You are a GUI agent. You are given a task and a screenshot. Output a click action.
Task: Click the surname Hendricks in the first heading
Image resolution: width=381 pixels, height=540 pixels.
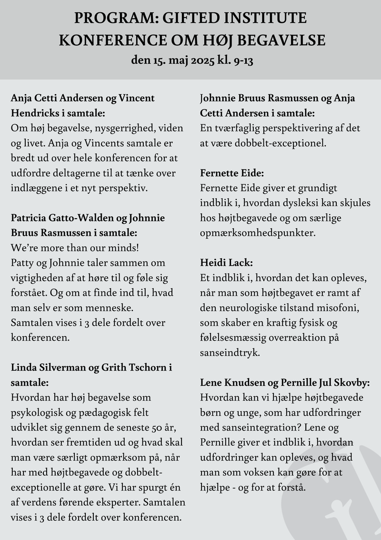(x=37, y=114)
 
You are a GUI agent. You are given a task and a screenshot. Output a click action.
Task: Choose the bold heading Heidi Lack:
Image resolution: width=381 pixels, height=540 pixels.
(x=226, y=263)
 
